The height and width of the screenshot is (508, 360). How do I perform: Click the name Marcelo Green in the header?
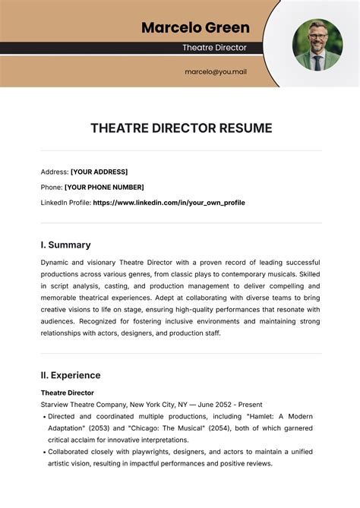tap(195, 28)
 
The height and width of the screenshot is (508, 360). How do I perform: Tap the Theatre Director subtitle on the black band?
tap(214, 47)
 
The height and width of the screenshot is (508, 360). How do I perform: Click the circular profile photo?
tap(317, 44)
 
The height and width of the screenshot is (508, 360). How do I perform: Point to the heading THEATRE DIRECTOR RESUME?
tap(181, 128)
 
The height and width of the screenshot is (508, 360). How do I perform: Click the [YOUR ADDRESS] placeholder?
tap(99, 172)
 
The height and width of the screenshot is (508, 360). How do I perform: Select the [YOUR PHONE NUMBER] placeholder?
tap(104, 187)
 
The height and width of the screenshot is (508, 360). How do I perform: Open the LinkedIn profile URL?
tap(169, 203)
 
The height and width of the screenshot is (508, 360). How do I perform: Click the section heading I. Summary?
tap(65, 245)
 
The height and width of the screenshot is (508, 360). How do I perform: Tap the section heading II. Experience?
tap(70, 375)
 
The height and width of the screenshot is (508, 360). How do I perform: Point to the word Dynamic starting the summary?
tap(56, 262)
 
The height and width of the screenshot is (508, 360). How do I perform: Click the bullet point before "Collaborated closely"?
tap(45, 453)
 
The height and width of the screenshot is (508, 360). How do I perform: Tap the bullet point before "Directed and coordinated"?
tap(45, 417)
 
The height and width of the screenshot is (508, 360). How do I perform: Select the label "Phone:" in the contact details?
tap(52, 187)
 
